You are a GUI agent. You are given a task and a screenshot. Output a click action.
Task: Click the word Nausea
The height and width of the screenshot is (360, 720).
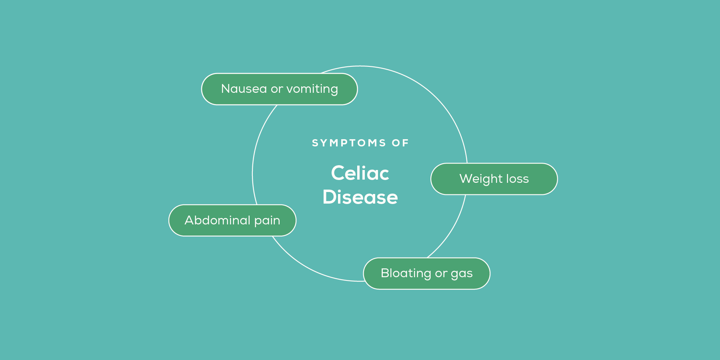coord(244,89)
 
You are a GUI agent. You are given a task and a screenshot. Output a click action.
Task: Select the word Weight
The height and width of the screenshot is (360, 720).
coord(480,179)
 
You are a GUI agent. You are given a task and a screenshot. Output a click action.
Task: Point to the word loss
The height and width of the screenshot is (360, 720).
coord(518,179)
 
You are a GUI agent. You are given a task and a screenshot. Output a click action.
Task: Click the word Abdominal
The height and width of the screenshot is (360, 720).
coord(217,220)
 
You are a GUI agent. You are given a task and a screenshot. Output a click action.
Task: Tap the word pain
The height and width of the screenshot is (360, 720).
coord(267,221)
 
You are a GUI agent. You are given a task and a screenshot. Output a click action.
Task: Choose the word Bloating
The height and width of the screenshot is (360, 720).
coord(406,273)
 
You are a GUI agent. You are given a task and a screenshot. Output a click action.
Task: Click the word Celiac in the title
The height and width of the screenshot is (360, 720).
coord(360,173)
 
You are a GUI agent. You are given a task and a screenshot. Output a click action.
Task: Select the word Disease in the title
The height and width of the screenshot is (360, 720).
coord(360,197)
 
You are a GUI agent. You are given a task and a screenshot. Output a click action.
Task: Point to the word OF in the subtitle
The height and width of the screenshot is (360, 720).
coord(400,143)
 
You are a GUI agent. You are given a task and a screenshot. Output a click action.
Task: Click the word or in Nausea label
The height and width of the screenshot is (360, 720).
coord(277,89)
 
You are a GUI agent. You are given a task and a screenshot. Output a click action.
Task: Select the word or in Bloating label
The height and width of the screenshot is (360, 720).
coord(441,274)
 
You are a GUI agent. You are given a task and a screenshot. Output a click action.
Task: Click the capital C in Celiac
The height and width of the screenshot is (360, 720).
coord(338,173)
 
